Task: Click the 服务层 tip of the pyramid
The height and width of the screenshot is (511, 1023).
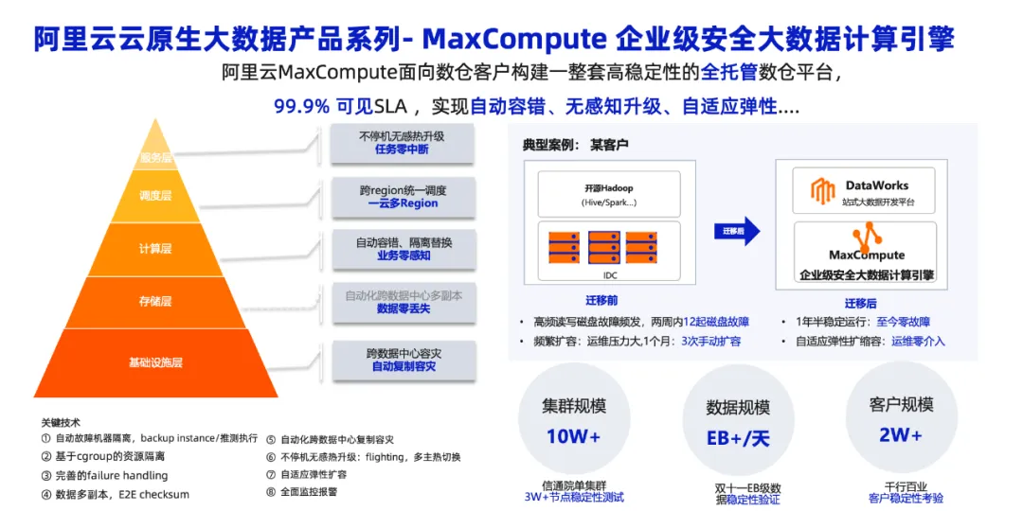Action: pos(155,157)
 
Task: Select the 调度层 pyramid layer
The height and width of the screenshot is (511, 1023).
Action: pos(155,196)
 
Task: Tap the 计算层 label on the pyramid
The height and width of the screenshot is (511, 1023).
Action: pos(155,248)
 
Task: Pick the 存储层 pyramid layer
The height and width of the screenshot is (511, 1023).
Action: pos(155,302)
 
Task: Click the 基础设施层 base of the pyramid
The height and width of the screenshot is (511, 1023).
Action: pos(155,362)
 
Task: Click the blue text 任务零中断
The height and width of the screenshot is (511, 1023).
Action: pos(402,150)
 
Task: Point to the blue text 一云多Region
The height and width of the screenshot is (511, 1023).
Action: pos(403,203)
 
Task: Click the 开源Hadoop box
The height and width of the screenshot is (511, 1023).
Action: pos(607,194)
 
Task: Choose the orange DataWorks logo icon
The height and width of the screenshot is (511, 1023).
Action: pos(822,192)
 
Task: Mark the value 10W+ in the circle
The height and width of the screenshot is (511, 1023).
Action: pos(573,437)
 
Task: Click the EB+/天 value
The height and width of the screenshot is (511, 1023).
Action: pos(738,440)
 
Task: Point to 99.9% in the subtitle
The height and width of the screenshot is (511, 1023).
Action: pos(301,107)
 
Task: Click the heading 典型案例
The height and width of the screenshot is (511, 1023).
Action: pos(548,145)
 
